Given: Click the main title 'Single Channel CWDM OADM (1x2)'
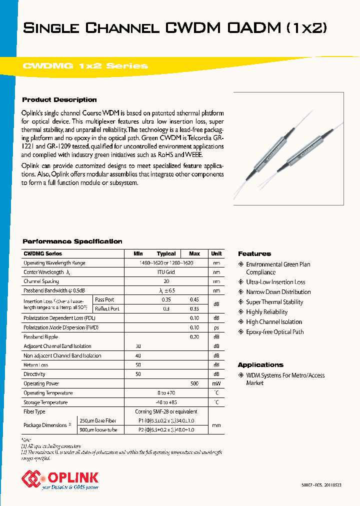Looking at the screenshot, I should pos(175,28).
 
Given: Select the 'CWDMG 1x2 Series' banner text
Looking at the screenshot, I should pos(85,66).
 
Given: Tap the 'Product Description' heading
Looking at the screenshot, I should pos(59,99).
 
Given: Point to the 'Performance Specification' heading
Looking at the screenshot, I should pos(72,241).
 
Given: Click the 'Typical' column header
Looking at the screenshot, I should pos(166,253).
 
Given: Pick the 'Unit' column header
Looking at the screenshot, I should pos(216,253).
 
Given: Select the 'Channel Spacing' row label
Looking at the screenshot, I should pos(42,281).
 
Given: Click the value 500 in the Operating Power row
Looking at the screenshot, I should pos(194,383).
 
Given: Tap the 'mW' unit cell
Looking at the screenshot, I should pos(216,383).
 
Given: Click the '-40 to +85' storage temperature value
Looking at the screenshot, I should pos(166,402).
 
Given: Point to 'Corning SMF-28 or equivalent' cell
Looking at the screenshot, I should pos(166,411).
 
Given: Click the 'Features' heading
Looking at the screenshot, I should pos(254,254).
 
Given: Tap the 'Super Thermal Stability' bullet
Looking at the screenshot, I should pos(274,302).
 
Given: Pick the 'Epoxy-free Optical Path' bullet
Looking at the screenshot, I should pos(274,332).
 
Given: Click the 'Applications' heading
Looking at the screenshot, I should pos(260,365).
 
